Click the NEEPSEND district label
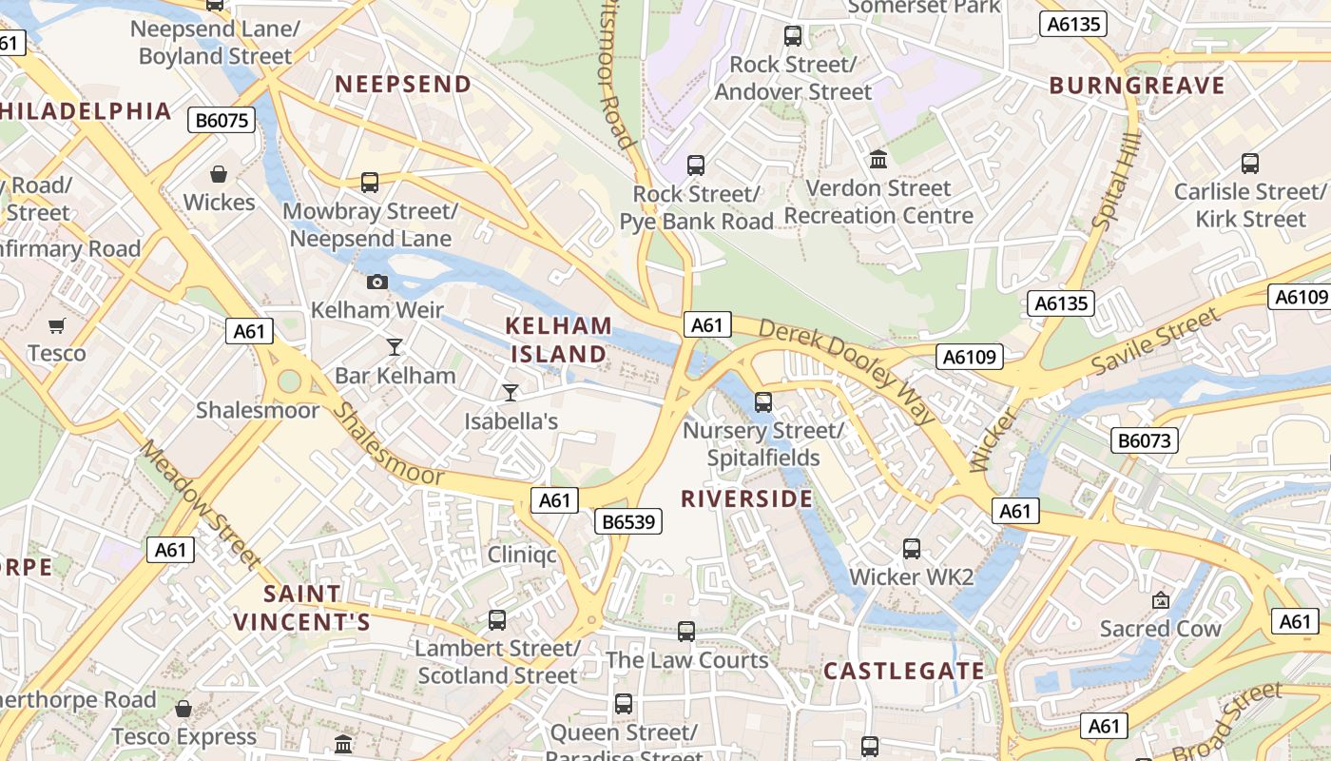pos(403,84)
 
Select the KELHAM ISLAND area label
pos(559,340)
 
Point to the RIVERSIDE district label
pos(747,498)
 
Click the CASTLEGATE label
pos(904,671)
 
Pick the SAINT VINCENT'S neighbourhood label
pos(301,608)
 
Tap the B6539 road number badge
pos(627,521)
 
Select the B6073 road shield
pos(1145,440)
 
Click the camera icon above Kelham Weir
pos(377,282)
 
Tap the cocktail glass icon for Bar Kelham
pos(395,346)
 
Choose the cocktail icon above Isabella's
pos(511,392)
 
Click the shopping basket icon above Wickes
pos(219,174)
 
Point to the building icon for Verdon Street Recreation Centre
pos(878,160)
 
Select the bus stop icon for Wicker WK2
pos(911,549)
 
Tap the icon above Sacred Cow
pos(1160,600)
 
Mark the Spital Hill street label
pos(1115,181)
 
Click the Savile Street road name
pos(1155,341)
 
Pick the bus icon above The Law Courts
pos(686,631)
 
